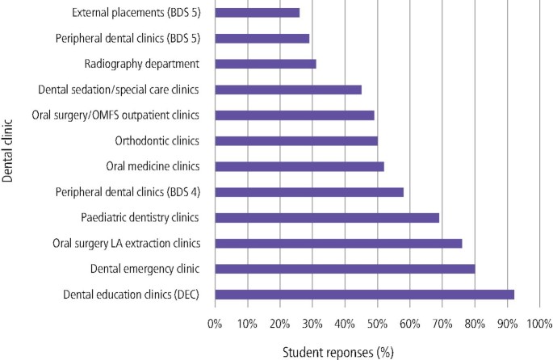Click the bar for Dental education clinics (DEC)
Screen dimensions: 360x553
364,295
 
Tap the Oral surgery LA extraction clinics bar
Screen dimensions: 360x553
338,243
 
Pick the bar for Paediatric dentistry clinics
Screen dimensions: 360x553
327,217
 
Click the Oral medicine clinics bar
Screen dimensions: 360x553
300,166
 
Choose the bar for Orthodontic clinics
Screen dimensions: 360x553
296,140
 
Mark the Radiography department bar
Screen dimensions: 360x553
266,64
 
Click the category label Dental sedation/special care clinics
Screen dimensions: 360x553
119,90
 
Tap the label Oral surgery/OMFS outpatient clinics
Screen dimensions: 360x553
115,115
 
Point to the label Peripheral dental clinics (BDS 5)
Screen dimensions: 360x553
128,38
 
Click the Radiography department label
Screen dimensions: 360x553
141,64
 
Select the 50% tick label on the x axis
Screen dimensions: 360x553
377,324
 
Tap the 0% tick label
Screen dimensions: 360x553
215,324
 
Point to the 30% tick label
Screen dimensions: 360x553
312,324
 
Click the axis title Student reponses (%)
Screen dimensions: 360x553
338,351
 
